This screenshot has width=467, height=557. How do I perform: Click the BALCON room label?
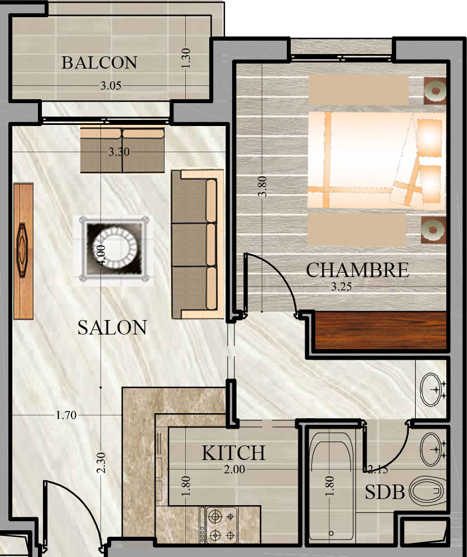(x=99, y=63)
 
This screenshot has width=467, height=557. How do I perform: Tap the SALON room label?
(x=112, y=327)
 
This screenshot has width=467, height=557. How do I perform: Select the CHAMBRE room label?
(x=357, y=270)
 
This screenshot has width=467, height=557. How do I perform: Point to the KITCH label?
(x=233, y=453)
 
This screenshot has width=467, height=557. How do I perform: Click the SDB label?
(x=385, y=492)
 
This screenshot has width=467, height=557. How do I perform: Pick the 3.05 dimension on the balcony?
(x=110, y=86)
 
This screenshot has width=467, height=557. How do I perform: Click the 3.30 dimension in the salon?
(x=119, y=152)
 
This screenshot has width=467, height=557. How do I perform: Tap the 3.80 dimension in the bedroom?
(x=262, y=186)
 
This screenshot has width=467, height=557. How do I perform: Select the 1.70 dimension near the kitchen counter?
(x=66, y=415)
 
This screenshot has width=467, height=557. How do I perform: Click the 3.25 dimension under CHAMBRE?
(x=341, y=287)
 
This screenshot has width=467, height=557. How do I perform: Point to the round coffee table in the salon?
(x=113, y=250)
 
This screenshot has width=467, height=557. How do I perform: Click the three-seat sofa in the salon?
(x=198, y=244)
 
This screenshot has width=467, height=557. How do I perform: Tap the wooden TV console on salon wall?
(x=23, y=251)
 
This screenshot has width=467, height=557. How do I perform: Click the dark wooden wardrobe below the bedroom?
(x=381, y=331)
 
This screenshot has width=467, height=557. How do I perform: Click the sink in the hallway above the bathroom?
(x=432, y=389)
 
